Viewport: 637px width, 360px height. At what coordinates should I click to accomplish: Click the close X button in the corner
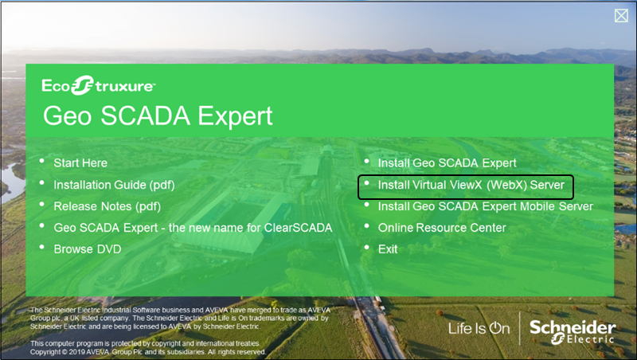[x=621, y=16]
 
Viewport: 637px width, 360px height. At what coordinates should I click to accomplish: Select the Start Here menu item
[x=80, y=163]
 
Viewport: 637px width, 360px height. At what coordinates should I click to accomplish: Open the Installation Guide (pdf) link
[x=114, y=185]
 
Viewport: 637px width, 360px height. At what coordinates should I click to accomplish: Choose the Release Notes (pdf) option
[x=107, y=206]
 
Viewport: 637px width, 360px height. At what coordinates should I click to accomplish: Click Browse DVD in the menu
[x=88, y=249]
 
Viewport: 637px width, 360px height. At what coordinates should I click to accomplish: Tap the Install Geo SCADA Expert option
[x=447, y=163]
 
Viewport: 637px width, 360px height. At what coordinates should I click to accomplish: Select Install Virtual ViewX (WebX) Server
[x=471, y=185]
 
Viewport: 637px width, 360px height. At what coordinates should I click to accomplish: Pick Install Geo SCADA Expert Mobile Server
[x=486, y=206]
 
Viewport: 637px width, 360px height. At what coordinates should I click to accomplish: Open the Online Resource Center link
[x=442, y=228]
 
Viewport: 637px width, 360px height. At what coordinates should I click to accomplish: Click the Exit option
[x=388, y=249]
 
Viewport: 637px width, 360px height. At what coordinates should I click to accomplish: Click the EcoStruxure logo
[x=98, y=85]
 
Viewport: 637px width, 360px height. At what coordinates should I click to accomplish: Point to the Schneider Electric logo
[x=573, y=331]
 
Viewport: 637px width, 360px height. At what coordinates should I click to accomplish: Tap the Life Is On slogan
[x=479, y=328]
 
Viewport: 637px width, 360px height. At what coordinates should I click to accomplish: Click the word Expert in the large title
[x=235, y=116]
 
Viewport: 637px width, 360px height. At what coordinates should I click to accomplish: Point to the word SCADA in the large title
[x=145, y=115]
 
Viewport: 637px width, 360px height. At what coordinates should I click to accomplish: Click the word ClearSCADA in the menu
[x=298, y=228]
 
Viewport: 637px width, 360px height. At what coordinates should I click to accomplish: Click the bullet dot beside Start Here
[x=42, y=162]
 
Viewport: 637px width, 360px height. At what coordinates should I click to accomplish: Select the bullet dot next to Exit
[x=366, y=248]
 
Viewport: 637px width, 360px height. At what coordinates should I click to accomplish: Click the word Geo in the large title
[x=68, y=116]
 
